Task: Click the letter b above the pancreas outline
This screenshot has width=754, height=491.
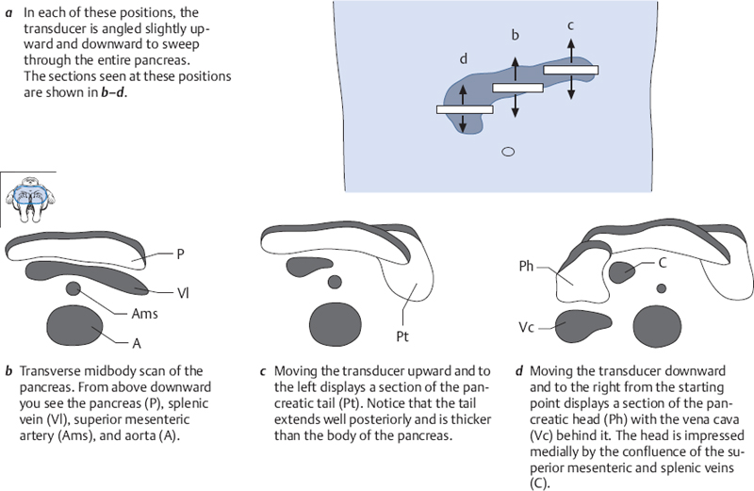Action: point(515,36)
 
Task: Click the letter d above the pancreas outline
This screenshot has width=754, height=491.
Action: point(463,59)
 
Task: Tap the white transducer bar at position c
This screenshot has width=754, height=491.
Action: point(571,70)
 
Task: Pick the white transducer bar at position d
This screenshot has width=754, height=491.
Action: point(463,110)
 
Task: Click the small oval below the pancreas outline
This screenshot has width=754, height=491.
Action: point(507,151)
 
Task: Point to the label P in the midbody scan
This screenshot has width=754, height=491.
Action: point(181,254)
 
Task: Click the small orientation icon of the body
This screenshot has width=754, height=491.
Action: point(27,200)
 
